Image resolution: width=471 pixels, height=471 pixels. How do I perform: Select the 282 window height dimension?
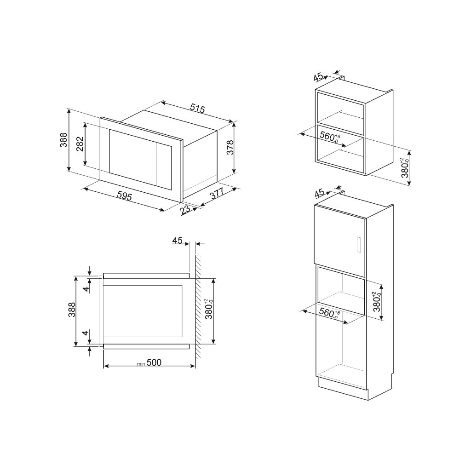pyautogui.click(x=79, y=145)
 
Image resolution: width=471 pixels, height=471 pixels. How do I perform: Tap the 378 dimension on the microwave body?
pyautogui.click(x=231, y=147)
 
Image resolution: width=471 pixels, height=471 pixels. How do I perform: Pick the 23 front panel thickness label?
pyautogui.click(x=186, y=210)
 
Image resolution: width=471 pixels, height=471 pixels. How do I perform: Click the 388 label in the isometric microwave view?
pyautogui.click(x=63, y=139)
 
